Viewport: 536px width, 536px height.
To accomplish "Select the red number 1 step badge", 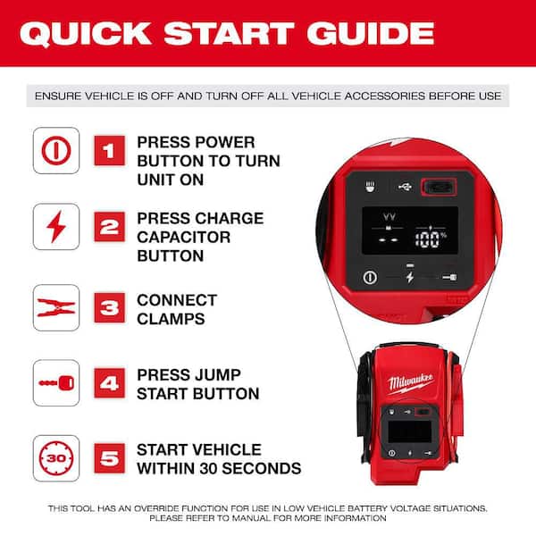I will coord(110,151).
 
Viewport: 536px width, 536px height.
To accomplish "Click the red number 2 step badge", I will coord(110,227).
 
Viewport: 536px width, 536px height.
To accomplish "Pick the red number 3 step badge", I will coord(110,309).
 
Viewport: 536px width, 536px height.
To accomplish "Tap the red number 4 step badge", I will coord(110,385).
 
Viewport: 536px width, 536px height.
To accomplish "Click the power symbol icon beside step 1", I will coord(56,150).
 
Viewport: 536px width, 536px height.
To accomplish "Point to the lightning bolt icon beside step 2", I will coord(56,227).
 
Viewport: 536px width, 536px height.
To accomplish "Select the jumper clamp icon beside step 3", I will coord(56,309).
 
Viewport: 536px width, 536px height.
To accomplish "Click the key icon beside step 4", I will coord(56,384).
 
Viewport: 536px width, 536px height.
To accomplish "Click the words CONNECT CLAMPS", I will coord(176,309).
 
